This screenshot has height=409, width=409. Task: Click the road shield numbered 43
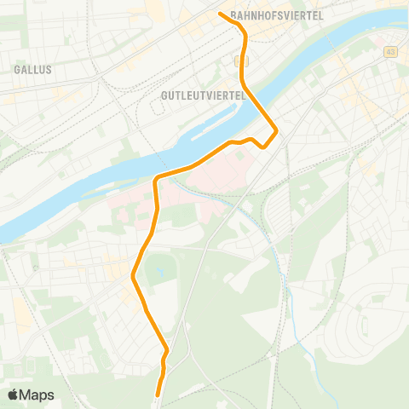tap(389, 52)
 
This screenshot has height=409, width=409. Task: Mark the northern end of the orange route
tap(221, 14)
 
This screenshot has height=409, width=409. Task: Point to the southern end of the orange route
tap(158, 394)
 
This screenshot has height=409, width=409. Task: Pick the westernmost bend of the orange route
tap(134, 275)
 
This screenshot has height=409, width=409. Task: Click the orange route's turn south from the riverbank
tap(156, 181)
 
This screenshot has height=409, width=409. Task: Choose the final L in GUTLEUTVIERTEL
tap(242, 95)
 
